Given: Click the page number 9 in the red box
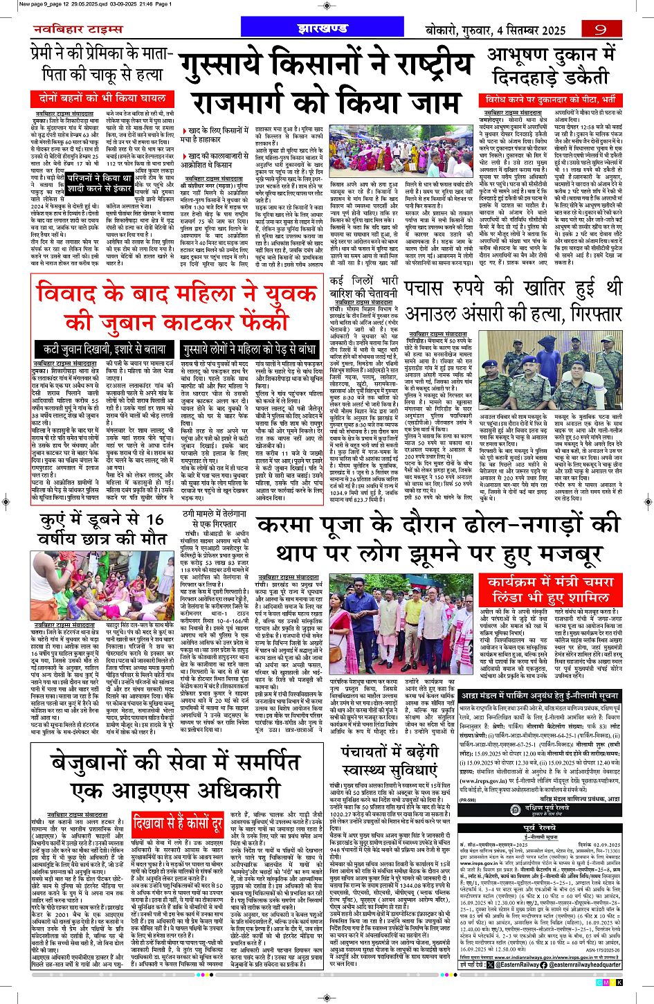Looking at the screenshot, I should [599, 29].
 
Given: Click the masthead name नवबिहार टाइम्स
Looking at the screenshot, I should [78, 30].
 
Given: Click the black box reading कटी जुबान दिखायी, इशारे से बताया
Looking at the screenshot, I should [105, 350].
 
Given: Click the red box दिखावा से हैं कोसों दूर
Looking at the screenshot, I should [178, 824].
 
